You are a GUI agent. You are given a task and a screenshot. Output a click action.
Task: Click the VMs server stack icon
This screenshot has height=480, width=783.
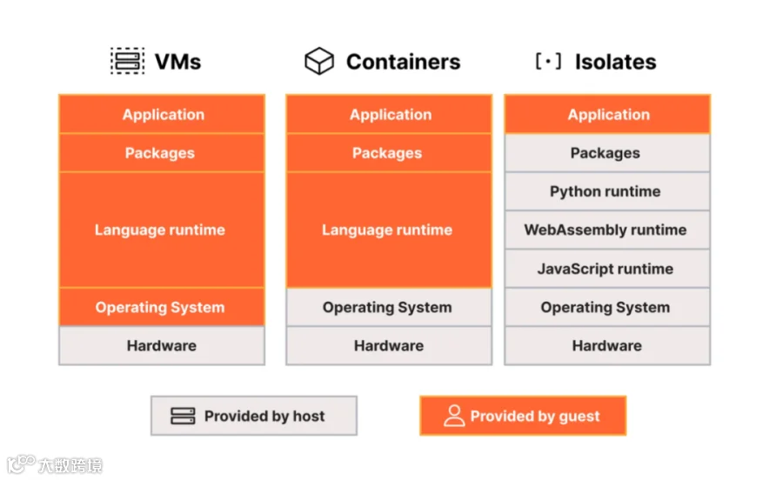coord(127,61)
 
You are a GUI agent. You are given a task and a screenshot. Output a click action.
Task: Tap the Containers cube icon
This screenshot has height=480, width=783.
coord(319,61)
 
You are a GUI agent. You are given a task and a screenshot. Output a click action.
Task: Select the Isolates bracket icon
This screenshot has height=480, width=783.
coord(548,62)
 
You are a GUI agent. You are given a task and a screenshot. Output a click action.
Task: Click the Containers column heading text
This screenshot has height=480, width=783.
coord(403,62)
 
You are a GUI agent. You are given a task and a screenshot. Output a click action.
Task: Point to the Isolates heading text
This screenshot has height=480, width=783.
coord(615,62)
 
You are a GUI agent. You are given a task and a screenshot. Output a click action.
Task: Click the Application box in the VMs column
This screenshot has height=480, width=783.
coord(162,114)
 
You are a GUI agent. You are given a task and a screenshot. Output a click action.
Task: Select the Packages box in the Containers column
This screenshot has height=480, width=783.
coord(389,153)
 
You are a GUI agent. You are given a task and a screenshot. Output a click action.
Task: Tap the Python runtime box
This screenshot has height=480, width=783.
coord(607,191)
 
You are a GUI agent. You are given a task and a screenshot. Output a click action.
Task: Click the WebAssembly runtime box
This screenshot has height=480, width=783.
coord(607,230)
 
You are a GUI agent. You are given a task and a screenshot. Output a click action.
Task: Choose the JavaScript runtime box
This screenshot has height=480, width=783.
coord(607,269)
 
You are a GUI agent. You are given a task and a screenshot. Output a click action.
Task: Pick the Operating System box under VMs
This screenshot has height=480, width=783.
coord(162,307)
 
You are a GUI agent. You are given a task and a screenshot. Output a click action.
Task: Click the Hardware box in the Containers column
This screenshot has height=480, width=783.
coord(389,346)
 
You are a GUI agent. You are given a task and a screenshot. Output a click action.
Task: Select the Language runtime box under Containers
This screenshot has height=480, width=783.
coord(389,230)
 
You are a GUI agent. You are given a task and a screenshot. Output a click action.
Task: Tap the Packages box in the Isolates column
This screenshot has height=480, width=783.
coord(607,153)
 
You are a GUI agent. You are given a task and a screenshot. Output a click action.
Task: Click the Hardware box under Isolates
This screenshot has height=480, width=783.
coord(607,346)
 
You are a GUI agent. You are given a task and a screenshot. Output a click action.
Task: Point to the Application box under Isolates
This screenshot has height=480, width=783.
coord(607,114)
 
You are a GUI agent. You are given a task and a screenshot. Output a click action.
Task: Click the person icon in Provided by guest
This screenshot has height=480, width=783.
coord(454,416)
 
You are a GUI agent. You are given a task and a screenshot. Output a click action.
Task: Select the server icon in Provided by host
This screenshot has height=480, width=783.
coord(183,416)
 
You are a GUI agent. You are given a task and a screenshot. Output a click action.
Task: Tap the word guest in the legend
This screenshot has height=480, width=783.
coord(579,417)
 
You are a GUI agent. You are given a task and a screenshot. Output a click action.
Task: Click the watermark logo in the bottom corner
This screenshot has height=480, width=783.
coord(21,464)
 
